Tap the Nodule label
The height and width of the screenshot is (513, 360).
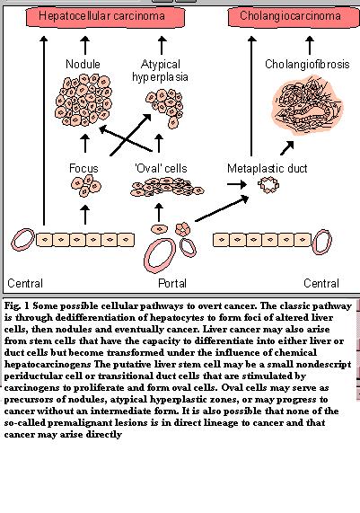tap(83, 64)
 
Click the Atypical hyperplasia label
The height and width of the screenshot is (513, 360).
tap(160, 70)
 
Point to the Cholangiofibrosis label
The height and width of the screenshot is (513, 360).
tap(307, 64)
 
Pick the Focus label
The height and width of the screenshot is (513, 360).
tap(83, 168)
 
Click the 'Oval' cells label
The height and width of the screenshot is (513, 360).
tap(161, 168)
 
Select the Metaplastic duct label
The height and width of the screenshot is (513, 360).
tap(268, 168)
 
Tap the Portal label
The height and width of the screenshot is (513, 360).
tap(172, 283)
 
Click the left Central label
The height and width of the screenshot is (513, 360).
tap(25, 283)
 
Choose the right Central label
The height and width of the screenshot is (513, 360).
tap(321, 283)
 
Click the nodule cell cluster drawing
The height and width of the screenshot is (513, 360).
tap(83, 100)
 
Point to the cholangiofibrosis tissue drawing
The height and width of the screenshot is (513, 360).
tap(306, 105)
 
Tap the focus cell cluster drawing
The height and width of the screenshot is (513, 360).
tap(86, 186)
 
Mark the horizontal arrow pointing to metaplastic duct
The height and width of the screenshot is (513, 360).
tap(237, 184)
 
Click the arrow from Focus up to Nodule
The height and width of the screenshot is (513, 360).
tap(85, 144)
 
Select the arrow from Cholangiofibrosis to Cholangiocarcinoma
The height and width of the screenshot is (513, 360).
tap(310, 45)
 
